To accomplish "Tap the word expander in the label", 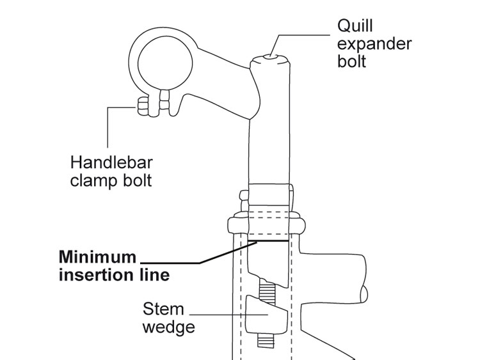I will (374, 45).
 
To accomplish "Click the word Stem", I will (163, 309).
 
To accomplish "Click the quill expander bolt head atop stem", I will (269, 59).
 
